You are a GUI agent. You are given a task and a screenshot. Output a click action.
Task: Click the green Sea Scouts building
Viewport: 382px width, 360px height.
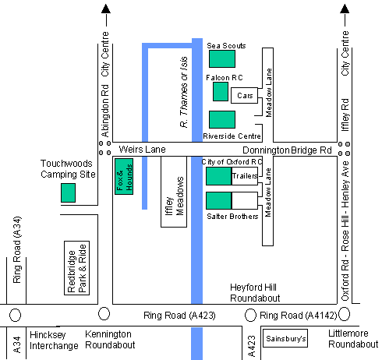pos(222,59)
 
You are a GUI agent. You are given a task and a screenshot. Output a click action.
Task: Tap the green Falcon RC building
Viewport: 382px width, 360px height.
pos(221,91)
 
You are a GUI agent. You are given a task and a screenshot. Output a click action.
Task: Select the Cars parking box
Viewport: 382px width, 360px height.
pos(245,95)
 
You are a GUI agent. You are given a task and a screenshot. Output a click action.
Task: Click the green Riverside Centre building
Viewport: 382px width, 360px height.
pos(222,119)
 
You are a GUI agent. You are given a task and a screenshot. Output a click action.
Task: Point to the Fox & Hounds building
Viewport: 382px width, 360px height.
pos(124,176)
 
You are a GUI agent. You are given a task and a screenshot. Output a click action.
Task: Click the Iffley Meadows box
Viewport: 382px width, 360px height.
pos(174,192)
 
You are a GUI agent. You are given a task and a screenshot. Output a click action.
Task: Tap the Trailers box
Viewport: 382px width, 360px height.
pos(245,176)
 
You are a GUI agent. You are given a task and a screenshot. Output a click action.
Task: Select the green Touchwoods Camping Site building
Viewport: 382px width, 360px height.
pos(68,192)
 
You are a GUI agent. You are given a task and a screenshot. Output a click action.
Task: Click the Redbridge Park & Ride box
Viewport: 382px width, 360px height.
pos(77,268)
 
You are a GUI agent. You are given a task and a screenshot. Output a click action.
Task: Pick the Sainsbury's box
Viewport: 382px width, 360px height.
pos(285,338)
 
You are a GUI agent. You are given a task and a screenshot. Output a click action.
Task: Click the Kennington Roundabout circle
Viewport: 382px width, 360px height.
pos(104,313)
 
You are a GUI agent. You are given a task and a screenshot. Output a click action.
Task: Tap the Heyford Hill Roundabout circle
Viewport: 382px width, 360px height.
pos(250,315)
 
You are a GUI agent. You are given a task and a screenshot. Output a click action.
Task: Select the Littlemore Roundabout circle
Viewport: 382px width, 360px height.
pos(345,314)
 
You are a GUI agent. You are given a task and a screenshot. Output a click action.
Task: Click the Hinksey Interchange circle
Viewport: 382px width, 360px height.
pos(15,315)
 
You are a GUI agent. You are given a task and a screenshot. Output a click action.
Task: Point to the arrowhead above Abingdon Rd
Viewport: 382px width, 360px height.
pos(106,9)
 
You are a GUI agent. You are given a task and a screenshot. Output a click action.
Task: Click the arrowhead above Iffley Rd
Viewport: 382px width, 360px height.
pos(345,9)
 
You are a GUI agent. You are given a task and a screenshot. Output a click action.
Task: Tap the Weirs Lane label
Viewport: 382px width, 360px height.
pos(142,150)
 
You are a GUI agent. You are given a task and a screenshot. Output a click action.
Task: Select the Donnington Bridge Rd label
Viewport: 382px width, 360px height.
pos(287,150)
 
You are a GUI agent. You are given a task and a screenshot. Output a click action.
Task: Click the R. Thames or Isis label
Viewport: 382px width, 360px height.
pos(184,92)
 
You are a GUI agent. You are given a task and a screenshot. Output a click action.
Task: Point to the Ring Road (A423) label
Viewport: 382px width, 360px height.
pos(179,316)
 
